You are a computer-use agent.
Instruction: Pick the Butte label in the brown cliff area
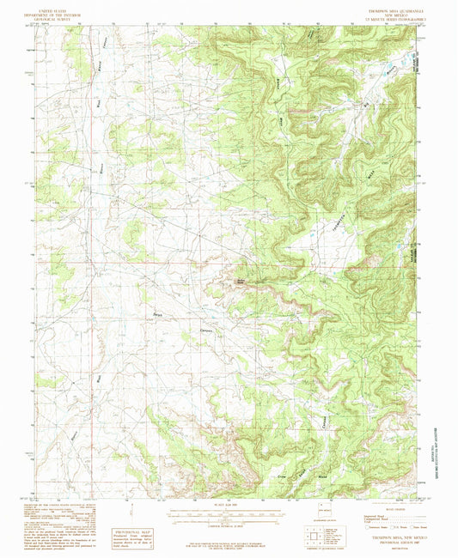pyautogui.click(x=241, y=282)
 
